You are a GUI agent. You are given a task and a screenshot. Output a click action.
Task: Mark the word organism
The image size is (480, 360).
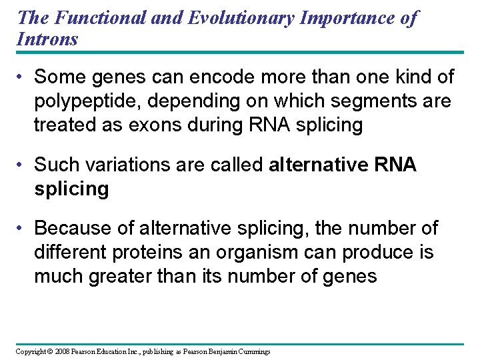point(273,253)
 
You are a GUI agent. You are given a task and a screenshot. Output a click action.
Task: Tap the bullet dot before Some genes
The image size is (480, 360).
point(21,77)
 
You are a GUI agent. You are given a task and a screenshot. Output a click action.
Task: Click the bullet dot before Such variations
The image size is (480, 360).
point(21,165)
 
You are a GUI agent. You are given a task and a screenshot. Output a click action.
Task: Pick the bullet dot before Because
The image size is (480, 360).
point(21,228)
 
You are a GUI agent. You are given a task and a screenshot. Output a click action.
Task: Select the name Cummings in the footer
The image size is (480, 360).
point(253,351)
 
